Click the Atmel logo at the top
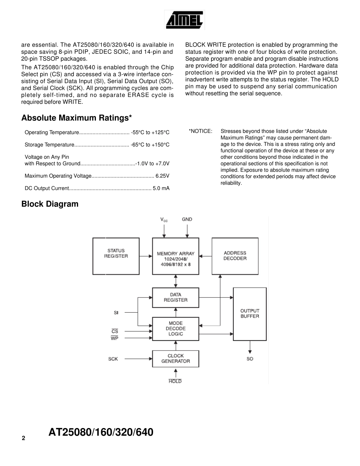point(185,20)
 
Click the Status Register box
point(116,256)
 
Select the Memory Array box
point(175,256)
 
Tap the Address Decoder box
point(235,256)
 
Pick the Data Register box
point(175,297)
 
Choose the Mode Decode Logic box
point(175,329)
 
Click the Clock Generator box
point(175,358)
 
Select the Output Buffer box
point(250,314)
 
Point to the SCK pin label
point(113,359)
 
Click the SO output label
point(250,359)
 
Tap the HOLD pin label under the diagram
point(175,382)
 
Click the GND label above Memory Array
point(187,219)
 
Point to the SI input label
point(116,313)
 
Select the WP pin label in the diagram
point(114,338)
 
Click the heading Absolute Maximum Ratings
point(77,118)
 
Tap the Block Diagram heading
point(50,204)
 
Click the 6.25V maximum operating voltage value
point(162,176)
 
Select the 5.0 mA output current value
point(161,188)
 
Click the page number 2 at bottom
point(23,438)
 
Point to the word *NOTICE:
point(200,131)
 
